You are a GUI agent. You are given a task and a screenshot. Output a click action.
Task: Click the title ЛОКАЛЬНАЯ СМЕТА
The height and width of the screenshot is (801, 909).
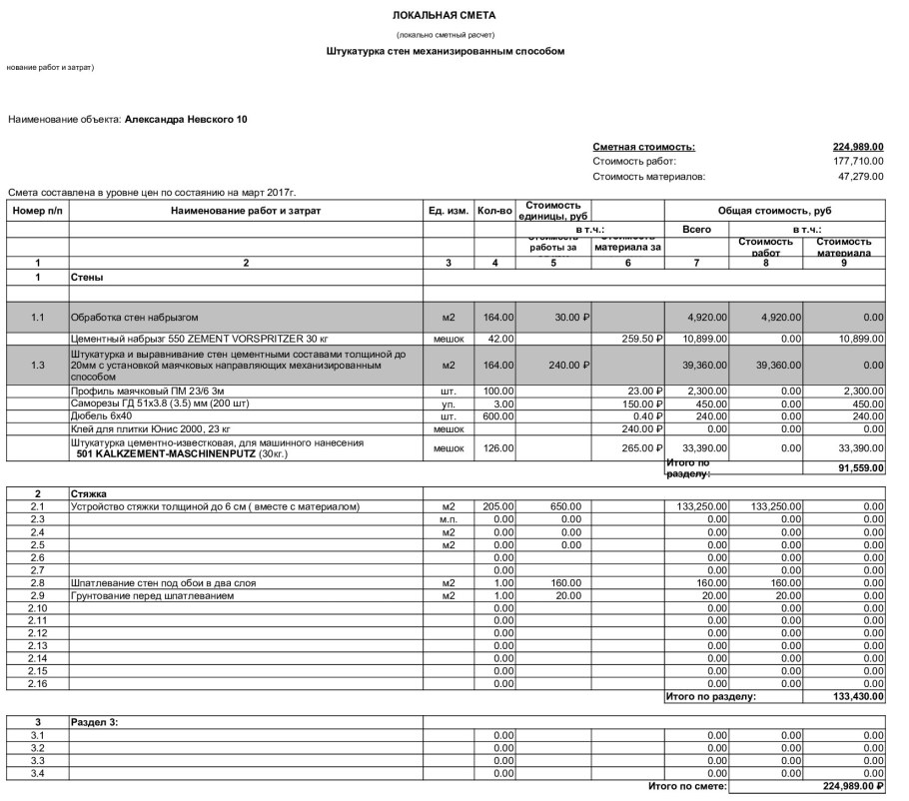click(445, 16)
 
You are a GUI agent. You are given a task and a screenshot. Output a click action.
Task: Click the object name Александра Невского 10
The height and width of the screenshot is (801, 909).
click(186, 120)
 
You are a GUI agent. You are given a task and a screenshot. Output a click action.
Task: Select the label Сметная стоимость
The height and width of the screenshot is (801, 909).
click(643, 147)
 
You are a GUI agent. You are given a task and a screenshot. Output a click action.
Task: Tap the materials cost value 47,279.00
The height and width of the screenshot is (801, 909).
click(861, 176)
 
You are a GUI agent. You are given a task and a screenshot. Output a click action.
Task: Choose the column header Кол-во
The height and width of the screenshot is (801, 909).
click(494, 212)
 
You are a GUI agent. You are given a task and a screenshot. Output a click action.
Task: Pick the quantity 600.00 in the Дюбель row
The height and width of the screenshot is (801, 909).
click(497, 415)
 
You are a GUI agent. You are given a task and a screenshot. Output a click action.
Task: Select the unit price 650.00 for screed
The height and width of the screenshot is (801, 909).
click(564, 506)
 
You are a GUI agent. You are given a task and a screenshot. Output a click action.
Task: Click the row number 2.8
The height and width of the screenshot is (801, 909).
click(37, 583)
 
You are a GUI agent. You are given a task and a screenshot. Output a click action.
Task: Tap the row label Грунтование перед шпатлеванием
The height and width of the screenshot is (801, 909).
click(151, 596)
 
